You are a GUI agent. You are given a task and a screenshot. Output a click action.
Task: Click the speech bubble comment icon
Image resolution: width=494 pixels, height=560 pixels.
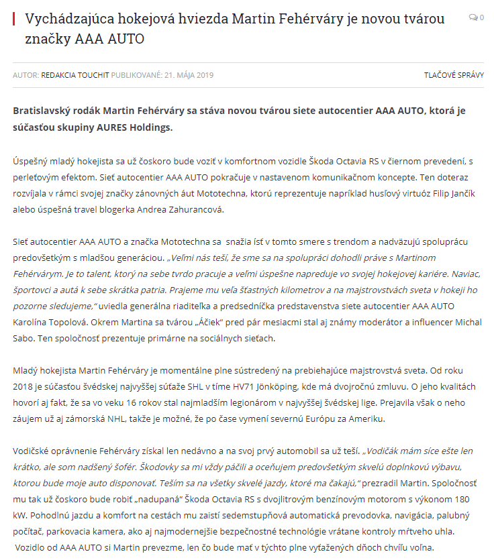[473, 17]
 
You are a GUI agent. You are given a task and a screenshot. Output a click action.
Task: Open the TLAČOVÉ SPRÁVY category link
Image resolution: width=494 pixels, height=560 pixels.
[454, 75]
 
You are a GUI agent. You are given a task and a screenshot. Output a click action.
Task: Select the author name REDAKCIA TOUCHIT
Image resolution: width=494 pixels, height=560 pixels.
[75, 75]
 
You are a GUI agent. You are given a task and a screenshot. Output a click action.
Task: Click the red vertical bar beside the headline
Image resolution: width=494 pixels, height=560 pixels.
[14, 18]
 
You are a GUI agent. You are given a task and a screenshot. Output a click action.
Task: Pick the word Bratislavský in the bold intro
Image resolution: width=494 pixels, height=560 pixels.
[45, 110]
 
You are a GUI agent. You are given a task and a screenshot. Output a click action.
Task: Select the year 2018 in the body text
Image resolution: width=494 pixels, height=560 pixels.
[24, 387]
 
